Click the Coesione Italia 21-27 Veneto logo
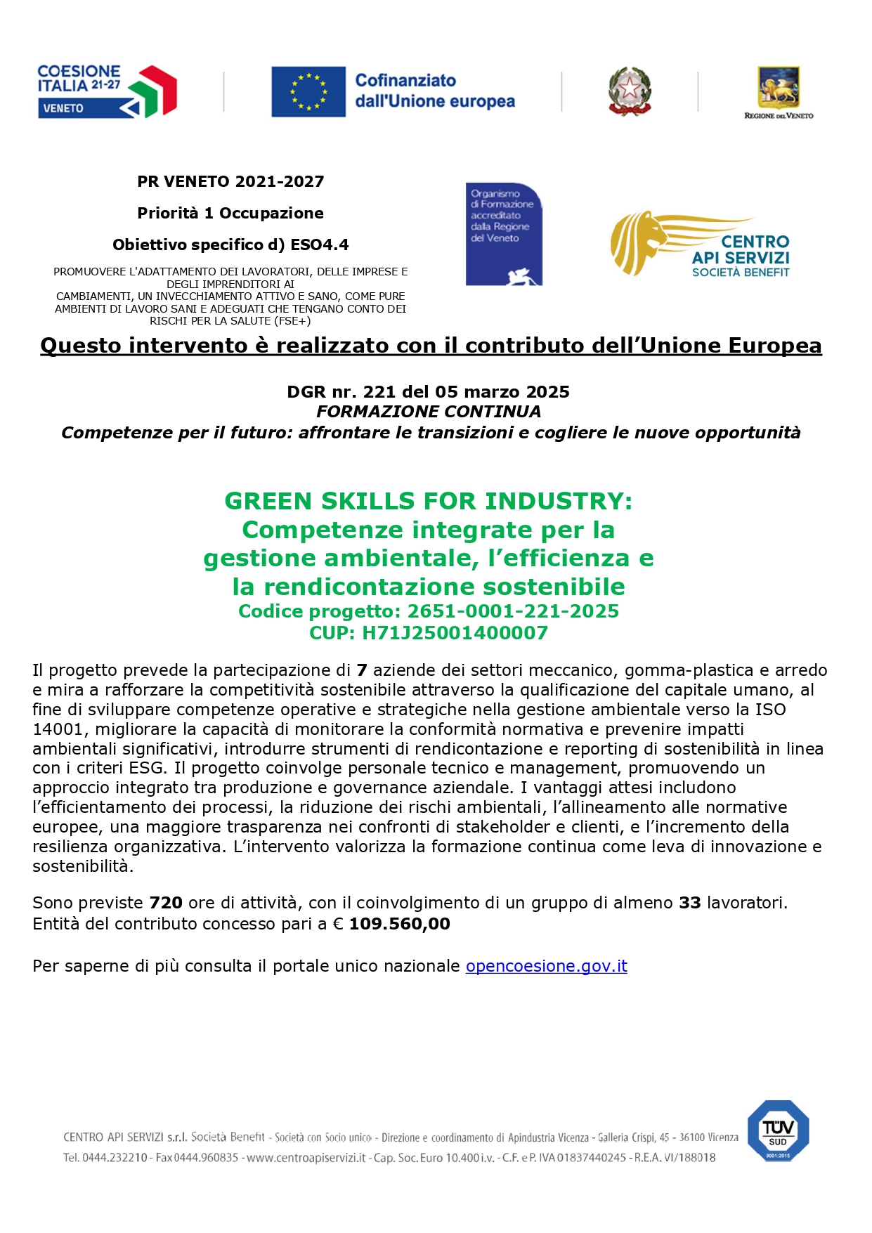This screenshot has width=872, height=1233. click(107, 91)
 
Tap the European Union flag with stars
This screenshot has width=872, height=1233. click(308, 91)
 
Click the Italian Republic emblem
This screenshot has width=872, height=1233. click(629, 91)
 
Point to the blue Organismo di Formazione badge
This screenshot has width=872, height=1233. click(504, 234)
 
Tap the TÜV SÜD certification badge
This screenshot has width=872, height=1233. click(778, 1130)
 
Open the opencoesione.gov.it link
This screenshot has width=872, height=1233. click(546, 966)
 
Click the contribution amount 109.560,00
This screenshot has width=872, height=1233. click(399, 924)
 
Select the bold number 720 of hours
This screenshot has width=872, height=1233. click(166, 903)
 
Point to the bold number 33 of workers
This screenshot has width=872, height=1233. click(689, 903)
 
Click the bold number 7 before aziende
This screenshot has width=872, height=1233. click(362, 670)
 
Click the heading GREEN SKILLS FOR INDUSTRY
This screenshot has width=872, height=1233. click(428, 501)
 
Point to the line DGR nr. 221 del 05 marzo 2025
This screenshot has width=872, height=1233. click(428, 392)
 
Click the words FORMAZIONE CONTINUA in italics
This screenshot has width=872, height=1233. click(428, 412)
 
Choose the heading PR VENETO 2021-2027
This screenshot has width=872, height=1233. click(230, 181)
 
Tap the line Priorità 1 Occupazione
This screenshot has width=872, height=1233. click(230, 213)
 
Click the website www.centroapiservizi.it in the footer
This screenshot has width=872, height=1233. click(306, 1157)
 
